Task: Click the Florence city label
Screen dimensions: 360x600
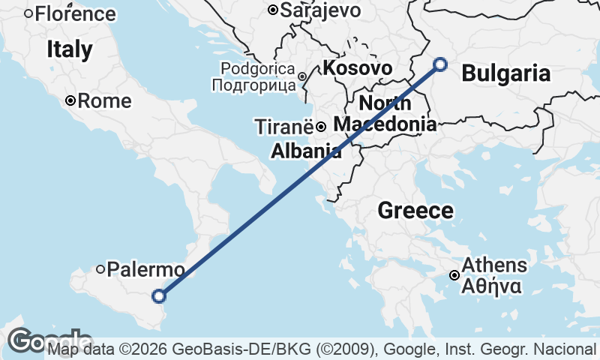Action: [75, 13]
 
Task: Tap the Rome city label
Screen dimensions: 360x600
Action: [104, 101]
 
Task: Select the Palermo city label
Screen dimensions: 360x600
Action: [145, 269]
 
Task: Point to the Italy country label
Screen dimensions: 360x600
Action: [69, 50]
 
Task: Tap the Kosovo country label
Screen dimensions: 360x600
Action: [358, 68]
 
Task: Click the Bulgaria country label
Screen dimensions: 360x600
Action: [506, 73]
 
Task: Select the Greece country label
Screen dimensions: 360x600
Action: [415, 211]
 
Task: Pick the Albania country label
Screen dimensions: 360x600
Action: [306, 151]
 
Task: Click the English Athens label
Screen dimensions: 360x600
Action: [494, 265]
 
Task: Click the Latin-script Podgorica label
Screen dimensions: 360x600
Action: [256, 69]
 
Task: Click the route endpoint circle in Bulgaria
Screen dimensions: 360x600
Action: [440, 64]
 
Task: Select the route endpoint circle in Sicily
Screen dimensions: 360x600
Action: [159, 296]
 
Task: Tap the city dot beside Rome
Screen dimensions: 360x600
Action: [70, 101]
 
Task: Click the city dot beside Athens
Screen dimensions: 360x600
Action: [454, 275]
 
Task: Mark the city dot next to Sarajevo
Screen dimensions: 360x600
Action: [274, 10]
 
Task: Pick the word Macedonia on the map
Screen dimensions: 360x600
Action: [385, 124]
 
